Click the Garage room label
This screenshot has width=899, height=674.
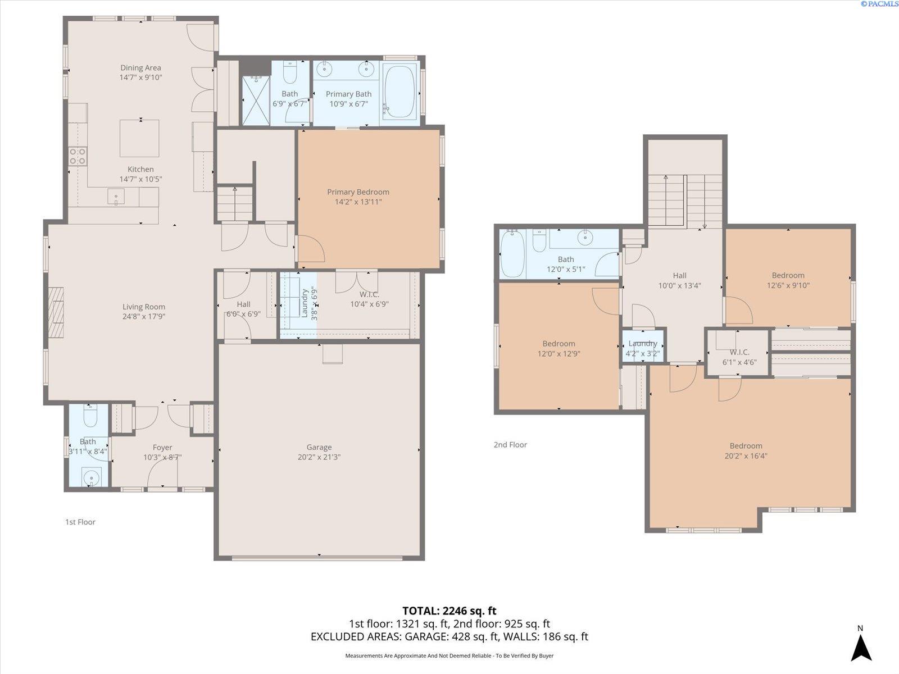point(319,447)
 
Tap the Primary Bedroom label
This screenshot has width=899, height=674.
point(358,192)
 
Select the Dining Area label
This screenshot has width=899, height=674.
point(140,67)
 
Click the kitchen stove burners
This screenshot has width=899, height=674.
point(78,156)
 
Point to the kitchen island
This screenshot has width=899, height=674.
point(139,138)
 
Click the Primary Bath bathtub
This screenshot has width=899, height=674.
point(399,92)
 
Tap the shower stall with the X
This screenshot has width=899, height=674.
point(256,101)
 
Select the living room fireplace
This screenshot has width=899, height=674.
point(56,307)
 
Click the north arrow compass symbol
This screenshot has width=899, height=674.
point(861,648)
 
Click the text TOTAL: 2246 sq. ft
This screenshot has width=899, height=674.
point(449,611)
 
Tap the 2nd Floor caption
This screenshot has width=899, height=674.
point(510,444)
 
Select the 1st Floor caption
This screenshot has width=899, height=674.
point(80,522)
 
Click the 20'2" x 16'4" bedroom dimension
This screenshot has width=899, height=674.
point(746,456)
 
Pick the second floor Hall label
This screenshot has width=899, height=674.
point(679,276)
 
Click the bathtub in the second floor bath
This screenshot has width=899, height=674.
point(512,254)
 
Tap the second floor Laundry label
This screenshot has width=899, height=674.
point(643,344)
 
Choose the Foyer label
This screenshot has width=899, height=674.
point(162,448)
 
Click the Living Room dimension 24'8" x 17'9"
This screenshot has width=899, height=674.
point(144,316)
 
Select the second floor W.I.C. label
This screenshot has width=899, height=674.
point(739,352)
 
